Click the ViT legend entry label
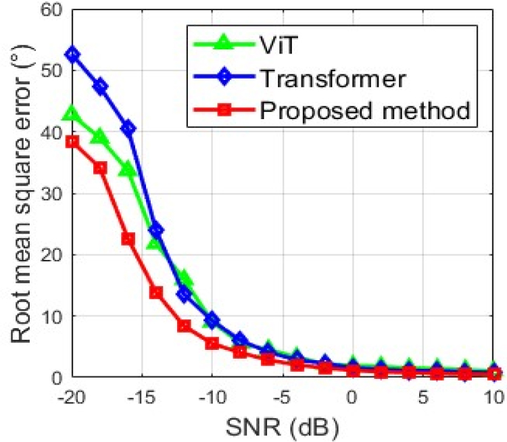(278, 45)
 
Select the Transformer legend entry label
(333, 78)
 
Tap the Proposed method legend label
(365, 111)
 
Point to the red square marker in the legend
(224, 110)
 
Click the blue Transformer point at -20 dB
(72, 55)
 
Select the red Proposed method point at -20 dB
(72, 142)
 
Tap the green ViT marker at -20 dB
(72, 113)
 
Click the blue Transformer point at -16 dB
(128, 128)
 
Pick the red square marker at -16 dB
(128, 240)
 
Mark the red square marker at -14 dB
(156, 293)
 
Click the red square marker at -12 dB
(185, 326)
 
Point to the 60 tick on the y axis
(52, 10)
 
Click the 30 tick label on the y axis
(52, 194)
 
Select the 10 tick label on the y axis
(52, 316)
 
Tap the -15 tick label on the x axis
(141, 397)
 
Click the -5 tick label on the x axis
(281, 397)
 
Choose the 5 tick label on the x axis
(424, 397)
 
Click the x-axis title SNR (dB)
(282, 427)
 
